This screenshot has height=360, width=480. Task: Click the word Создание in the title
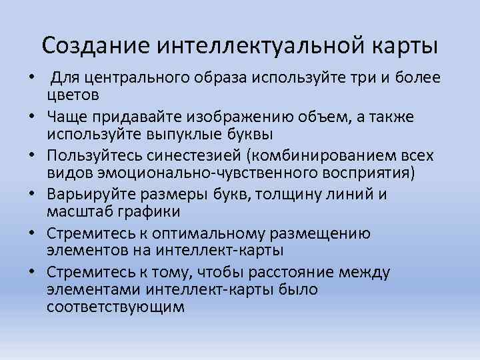(x=96, y=46)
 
